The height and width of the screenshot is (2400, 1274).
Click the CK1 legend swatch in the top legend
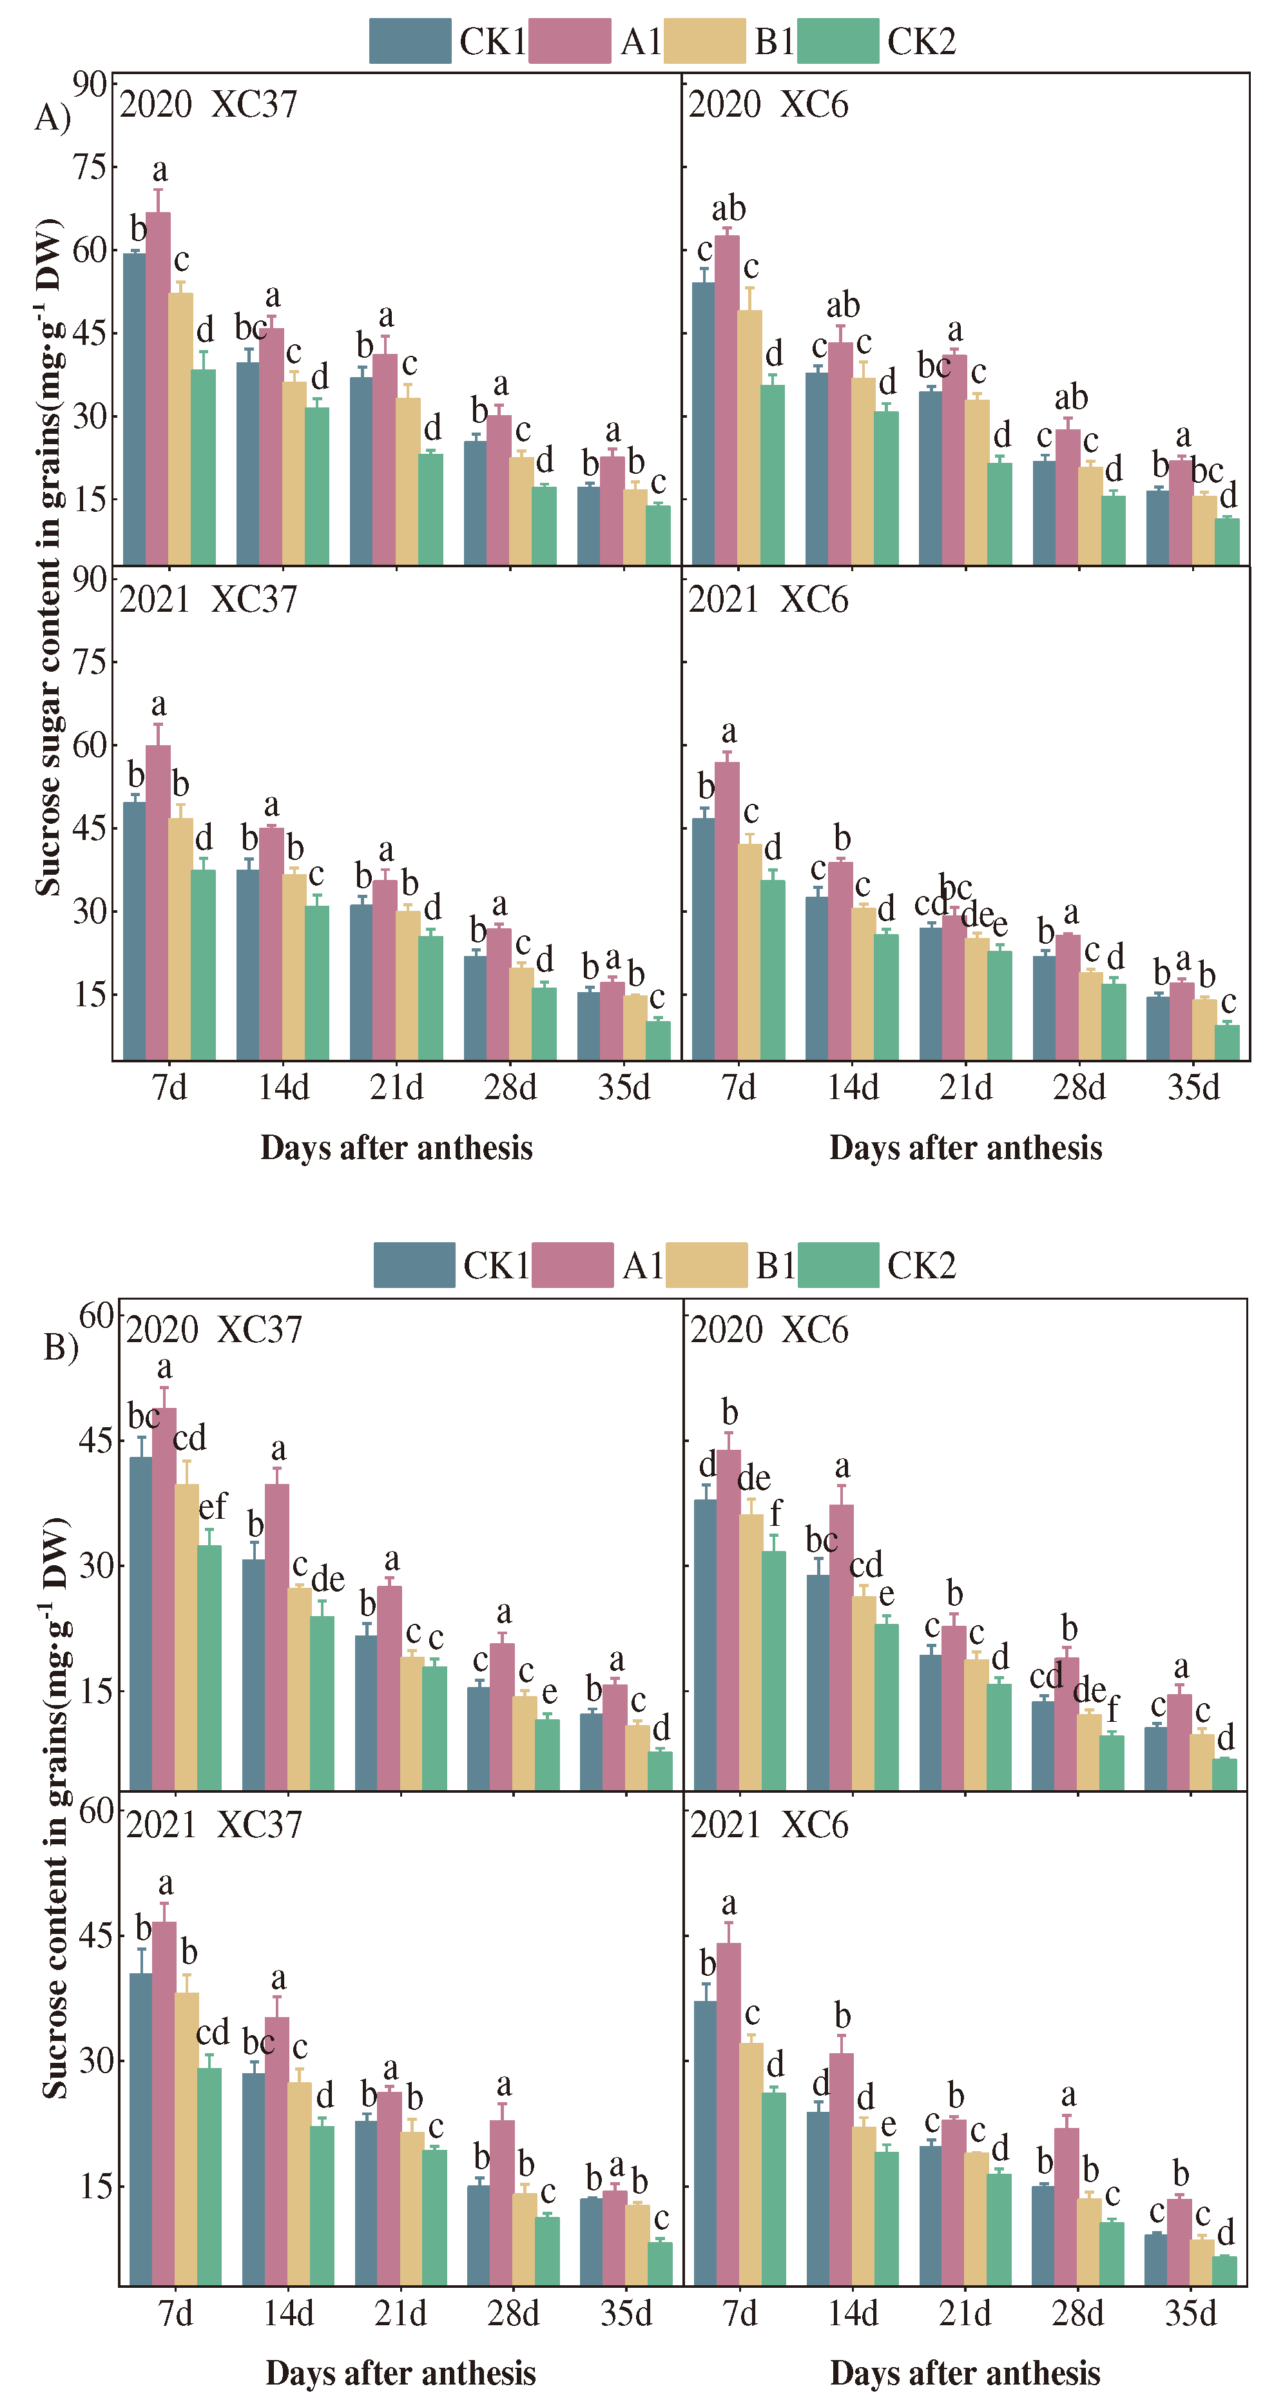coord(410,41)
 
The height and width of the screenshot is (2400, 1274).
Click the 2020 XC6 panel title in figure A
coord(767,104)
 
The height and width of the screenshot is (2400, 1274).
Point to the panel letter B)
coord(61,1346)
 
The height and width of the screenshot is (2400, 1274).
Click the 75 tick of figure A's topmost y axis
coord(90,168)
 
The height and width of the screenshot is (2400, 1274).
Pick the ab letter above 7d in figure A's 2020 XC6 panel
coord(728,209)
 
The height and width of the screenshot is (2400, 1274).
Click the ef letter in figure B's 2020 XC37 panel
coord(213,1506)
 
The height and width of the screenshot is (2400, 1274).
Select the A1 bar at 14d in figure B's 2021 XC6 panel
coord(841,2171)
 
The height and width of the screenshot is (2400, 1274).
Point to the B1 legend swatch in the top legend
coord(705,41)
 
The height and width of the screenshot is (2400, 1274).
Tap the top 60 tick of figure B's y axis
coord(96,1316)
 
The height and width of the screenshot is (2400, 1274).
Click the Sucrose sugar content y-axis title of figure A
coord(48,559)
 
